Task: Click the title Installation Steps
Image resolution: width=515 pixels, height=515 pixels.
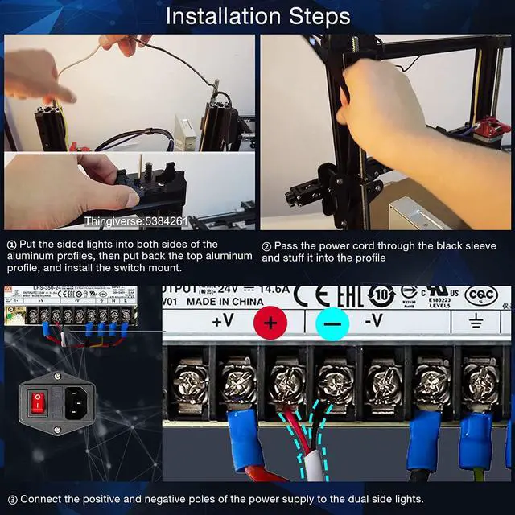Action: pos(257,16)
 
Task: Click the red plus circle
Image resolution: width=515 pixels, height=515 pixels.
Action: pos(270,323)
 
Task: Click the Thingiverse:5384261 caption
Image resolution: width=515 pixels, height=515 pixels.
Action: pos(135,220)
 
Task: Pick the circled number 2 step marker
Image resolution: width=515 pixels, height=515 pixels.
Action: pos(266,246)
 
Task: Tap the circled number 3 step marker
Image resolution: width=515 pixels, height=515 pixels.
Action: pos(11,499)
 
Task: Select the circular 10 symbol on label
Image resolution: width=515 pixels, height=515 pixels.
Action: pos(380,295)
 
